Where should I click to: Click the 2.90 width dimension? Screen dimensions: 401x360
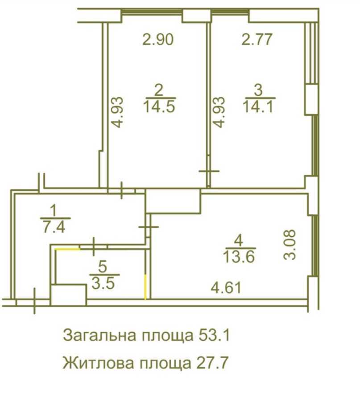pos(157,40)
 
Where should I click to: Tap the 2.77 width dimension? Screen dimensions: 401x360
pos(257,40)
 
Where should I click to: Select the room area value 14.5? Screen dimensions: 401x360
pos(160,107)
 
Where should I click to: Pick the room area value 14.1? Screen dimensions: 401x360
pos(259,107)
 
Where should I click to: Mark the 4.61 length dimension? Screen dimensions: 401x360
pos(226,287)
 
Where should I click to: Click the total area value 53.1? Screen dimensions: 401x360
pos(212,335)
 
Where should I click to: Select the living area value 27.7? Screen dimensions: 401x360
pos(212,363)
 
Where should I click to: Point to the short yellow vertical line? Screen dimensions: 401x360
pos(145,287)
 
